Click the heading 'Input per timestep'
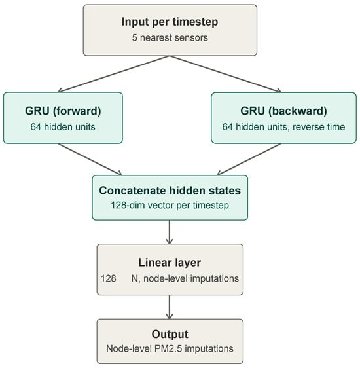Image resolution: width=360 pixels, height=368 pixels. (x=170, y=22)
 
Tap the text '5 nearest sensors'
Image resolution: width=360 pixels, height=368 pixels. (x=170, y=37)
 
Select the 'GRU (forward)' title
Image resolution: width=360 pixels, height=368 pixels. (x=63, y=111)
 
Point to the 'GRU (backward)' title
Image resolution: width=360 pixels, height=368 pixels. (x=283, y=111)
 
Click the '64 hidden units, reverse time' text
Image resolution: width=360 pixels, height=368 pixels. (x=283, y=127)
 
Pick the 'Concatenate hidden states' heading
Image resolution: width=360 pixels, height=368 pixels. (x=170, y=191)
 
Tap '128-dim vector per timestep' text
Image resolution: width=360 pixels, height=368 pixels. (x=170, y=205)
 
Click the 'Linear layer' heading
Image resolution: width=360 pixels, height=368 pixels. (x=170, y=263)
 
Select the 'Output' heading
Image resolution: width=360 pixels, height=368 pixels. (x=170, y=334)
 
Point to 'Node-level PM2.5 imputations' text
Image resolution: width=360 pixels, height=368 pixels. (x=170, y=349)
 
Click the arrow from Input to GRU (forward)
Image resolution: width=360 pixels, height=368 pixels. (x=114, y=74)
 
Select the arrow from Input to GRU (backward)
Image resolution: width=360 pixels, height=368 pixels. (x=225, y=74)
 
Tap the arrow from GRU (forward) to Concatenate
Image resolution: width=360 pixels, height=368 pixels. (x=90, y=159)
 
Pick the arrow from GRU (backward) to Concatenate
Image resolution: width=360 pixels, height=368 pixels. (x=249, y=159)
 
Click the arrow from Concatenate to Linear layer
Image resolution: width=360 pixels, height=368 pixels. (x=170, y=232)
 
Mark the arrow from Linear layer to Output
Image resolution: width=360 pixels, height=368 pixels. (x=170, y=307)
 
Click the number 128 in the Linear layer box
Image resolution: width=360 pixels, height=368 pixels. (x=109, y=278)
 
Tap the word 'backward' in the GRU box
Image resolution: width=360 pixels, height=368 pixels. (x=298, y=111)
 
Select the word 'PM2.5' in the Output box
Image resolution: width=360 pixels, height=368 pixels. (x=168, y=349)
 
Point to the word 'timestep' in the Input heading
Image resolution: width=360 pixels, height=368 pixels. (x=195, y=22)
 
